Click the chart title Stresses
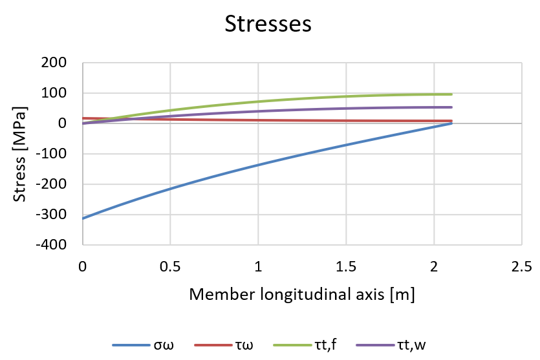[268, 24]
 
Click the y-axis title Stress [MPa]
[21, 154]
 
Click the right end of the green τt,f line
[451, 94]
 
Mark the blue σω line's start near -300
[83, 218]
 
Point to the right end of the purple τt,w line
[451, 107]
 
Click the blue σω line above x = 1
[258, 165]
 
